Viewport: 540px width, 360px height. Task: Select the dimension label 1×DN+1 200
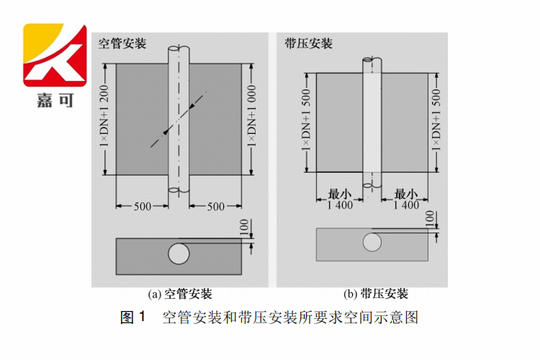pos(104,119)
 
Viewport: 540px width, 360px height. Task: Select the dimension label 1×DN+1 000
pos(252,119)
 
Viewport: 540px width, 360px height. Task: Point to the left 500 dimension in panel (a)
pos(143,207)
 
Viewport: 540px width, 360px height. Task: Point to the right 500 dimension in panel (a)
pos(215,207)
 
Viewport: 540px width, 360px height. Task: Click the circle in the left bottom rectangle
pos(179,253)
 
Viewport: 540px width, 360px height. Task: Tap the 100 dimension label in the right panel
pos(430,217)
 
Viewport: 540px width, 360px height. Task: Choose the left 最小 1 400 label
pos(338,199)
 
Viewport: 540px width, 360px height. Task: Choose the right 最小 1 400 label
pos(405,199)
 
